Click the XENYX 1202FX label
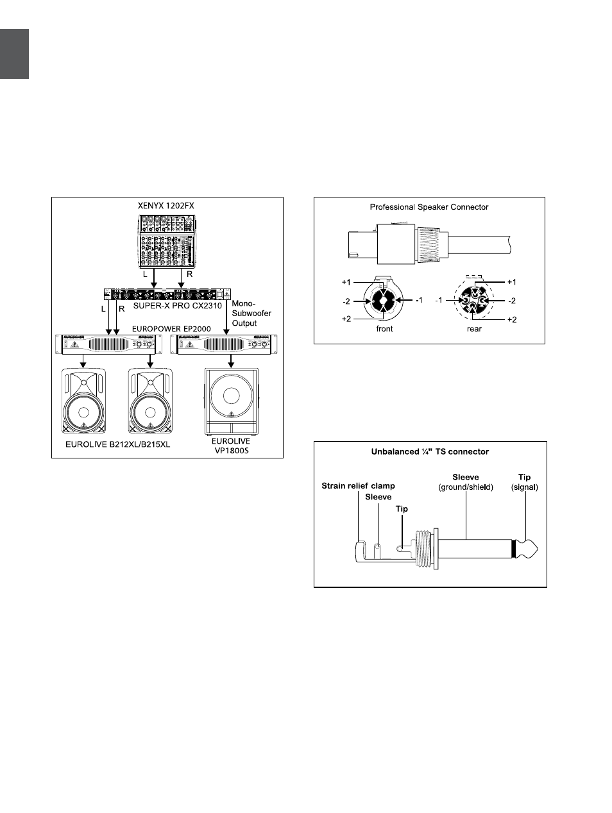coord(166,206)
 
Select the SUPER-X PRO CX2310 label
coord(178,306)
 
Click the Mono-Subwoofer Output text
coord(251,314)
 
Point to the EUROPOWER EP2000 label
coord(171,329)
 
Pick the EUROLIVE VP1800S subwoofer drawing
coord(232,401)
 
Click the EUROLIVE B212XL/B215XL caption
coord(118,444)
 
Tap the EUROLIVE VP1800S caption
coord(231,446)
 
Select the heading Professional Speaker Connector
coord(429,207)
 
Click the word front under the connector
coord(384,328)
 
